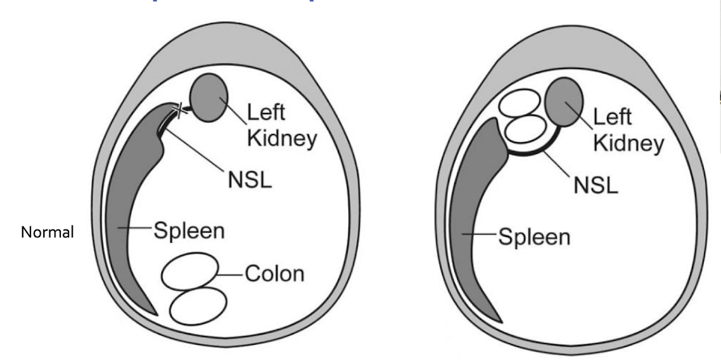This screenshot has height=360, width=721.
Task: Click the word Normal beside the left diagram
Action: click(x=48, y=233)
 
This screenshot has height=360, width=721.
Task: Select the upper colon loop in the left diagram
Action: click(x=188, y=271)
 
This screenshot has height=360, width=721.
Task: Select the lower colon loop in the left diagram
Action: click(x=198, y=305)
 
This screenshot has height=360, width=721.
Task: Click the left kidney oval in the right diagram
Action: click(x=564, y=104)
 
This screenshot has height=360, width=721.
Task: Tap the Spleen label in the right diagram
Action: click(x=534, y=238)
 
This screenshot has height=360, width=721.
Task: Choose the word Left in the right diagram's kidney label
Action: click(x=613, y=118)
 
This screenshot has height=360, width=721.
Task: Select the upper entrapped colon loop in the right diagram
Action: click(x=520, y=103)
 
